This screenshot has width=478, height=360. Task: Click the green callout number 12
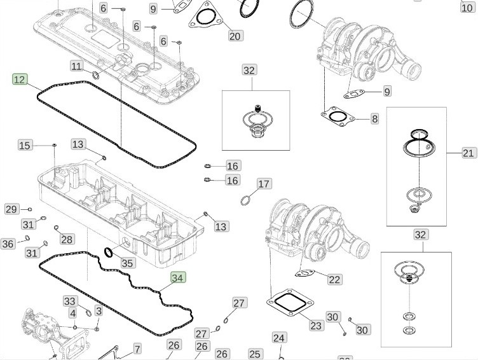tap(20, 80)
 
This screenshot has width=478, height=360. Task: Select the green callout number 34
tap(179, 277)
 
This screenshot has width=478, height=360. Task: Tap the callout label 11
tap(76, 66)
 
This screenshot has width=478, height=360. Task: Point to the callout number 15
tap(25, 146)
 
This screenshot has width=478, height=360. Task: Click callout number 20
tap(235, 36)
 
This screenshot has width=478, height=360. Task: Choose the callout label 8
tap(375, 118)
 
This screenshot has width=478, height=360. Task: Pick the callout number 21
tap(468, 153)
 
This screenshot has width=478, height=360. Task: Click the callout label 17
tap(264, 184)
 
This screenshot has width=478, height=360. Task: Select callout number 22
tap(334, 279)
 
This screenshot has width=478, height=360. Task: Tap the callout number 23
tap(317, 326)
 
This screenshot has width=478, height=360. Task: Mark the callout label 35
tap(128, 263)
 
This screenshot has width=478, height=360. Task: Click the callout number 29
tap(11, 209)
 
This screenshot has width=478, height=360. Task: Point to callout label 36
tap(8, 244)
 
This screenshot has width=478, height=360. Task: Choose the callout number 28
tap(67, 239)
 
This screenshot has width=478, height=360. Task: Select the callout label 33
tap(70, 301)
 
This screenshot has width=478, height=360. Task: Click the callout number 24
tap(279, 338)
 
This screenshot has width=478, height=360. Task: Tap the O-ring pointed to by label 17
tap(246, 202)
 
